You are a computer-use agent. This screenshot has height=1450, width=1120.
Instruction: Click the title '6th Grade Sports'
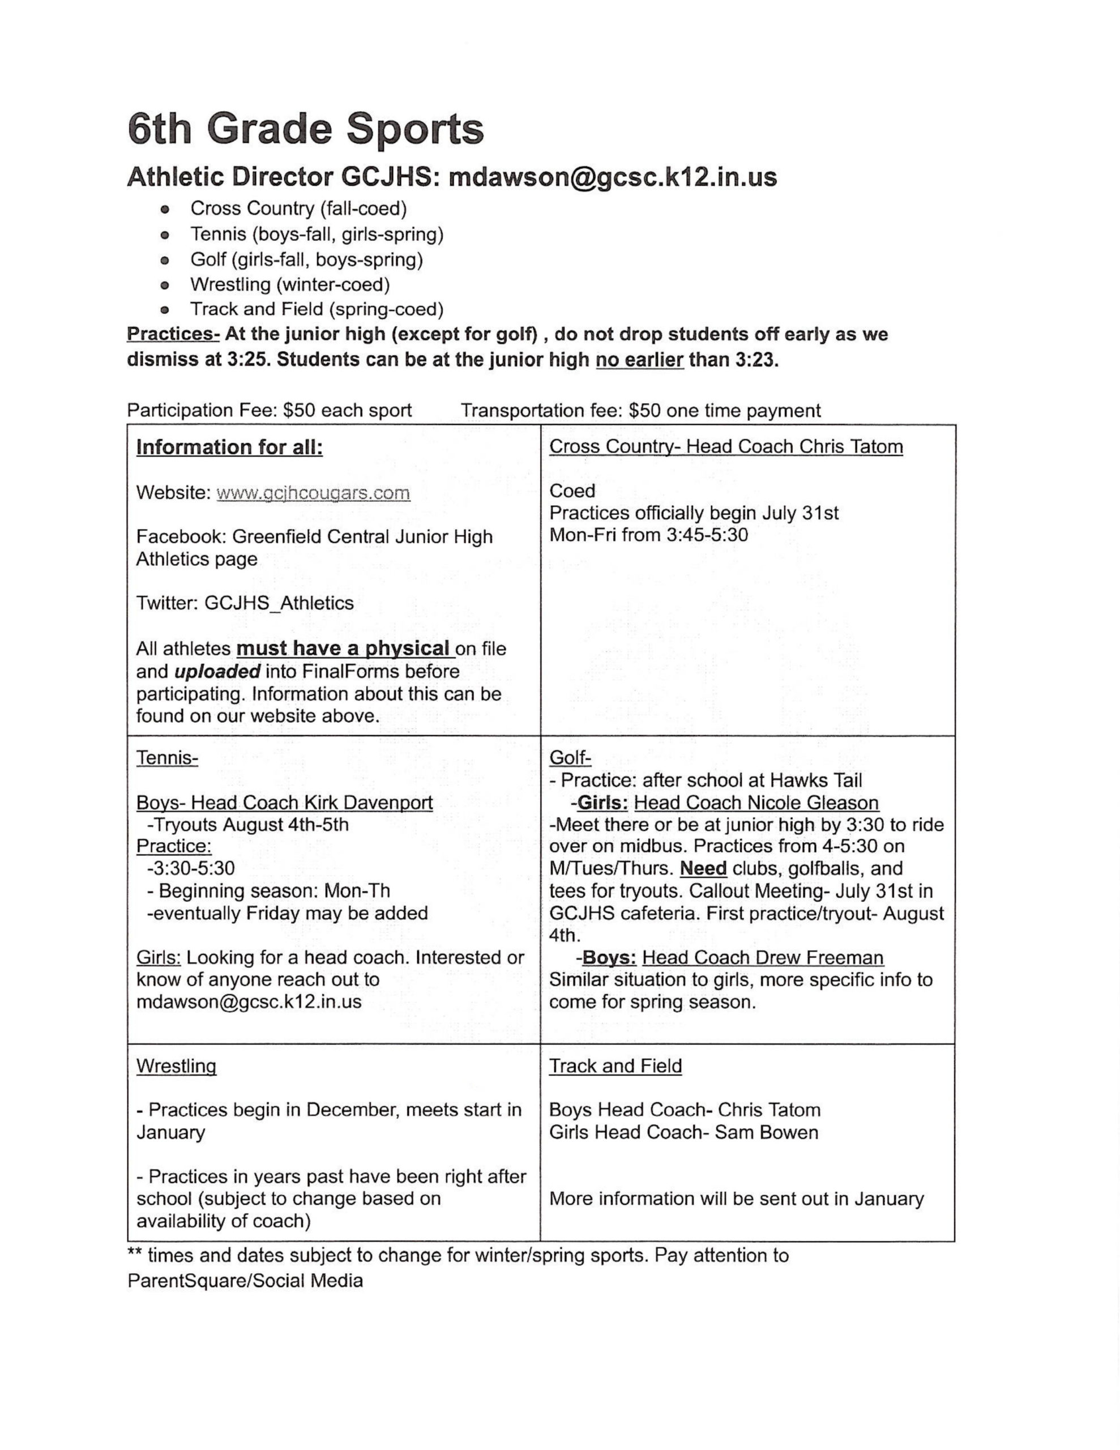305,130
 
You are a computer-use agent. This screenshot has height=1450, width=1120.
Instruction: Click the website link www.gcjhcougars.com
313,493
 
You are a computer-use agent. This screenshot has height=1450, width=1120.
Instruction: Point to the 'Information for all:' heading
229,447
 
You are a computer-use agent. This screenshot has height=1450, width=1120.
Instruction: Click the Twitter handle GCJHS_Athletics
279,603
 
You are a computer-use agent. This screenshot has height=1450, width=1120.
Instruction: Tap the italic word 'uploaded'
217,671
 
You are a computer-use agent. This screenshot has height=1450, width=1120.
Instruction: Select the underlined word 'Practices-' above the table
173,334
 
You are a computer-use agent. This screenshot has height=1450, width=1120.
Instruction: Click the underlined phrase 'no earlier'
639,360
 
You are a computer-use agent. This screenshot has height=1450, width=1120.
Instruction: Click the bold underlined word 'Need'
703,868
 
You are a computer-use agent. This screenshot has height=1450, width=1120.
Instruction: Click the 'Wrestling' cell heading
176,1066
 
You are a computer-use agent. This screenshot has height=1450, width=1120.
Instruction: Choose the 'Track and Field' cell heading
615,1065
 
